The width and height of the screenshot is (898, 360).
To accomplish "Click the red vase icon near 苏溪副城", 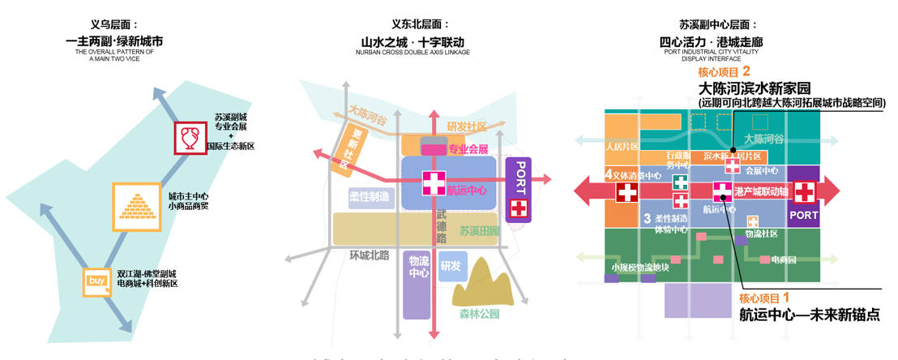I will [191, 138].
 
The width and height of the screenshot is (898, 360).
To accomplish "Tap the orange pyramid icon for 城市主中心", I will [131, 202].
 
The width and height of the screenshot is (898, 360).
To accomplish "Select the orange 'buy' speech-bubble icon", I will [96, 281].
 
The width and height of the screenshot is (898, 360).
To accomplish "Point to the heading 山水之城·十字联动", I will [413, 41].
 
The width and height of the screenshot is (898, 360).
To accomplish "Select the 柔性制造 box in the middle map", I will [369, 197].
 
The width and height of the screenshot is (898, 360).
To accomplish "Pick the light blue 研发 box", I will [452, 266].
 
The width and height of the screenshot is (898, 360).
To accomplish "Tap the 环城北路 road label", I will [369, 256].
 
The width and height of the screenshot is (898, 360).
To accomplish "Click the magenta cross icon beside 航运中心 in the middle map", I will [434, 183].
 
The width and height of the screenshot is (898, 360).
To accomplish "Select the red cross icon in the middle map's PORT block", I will [518, 208].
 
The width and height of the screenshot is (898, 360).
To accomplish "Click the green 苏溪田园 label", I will [480, 230].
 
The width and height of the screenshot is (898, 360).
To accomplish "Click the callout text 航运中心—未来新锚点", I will [809, 315].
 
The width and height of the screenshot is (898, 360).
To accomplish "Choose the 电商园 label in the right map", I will [784, 259].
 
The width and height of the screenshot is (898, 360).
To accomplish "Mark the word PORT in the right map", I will [804, 216].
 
